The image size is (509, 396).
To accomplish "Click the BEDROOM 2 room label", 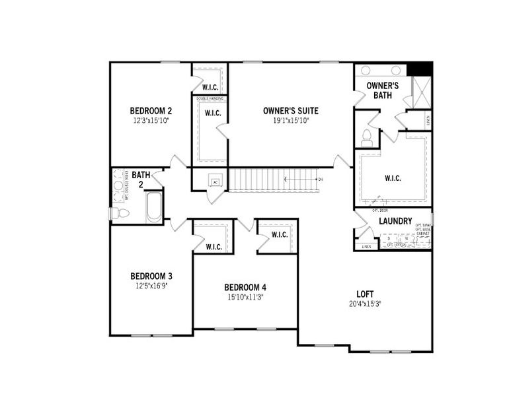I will [151, 110].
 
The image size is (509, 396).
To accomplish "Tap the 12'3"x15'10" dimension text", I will [151, 121].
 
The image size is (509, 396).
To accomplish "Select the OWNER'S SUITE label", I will [290, 110].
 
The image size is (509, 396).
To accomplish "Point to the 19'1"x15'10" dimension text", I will [290, 121].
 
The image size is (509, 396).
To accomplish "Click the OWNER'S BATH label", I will [381, 90].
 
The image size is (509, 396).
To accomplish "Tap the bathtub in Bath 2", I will [153, 207].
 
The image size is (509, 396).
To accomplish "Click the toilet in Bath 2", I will [119, 213].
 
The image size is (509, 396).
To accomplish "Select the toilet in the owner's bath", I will [367, 139].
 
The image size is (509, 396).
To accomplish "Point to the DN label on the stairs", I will [321, 180].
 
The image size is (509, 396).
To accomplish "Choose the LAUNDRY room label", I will [395, 221].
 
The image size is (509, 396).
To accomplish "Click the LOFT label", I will [366, 294].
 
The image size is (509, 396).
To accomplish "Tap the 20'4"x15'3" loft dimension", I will [366, 304].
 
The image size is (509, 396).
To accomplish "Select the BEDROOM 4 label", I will [245, 287].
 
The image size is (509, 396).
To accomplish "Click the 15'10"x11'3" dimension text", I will [245, 298].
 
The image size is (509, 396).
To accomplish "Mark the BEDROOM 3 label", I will [151, 276].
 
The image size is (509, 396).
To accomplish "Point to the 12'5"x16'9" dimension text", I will [151, 286].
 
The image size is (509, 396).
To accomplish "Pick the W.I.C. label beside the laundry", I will [393, 178].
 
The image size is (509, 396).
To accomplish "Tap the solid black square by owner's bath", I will [419, 69].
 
